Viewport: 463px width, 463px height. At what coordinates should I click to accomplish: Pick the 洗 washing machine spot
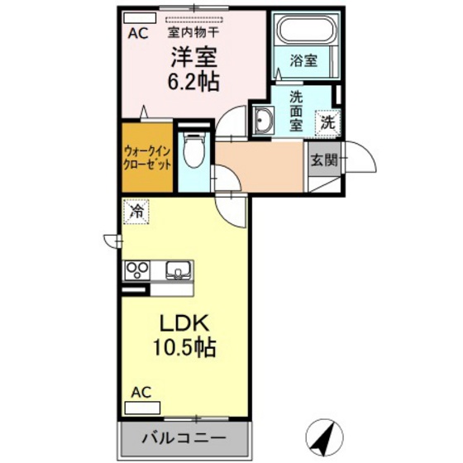point(328,121)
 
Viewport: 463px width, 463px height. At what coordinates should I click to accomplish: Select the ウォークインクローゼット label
point(148,158)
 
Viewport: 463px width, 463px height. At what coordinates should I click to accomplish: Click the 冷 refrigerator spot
point(136,211)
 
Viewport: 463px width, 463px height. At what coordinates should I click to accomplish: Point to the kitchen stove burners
point(136,270)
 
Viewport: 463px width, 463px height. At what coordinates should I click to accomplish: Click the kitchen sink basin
point(177,270)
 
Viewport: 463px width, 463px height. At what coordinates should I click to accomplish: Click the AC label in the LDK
point(141,392)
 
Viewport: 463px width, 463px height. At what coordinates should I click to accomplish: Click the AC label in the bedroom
point(136,34)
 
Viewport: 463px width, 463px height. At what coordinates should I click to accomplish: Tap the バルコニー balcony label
point(185,436)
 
